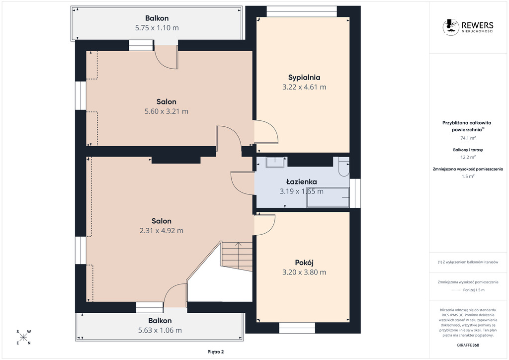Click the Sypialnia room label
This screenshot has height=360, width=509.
(304, 77)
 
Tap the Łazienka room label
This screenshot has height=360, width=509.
(302, 181)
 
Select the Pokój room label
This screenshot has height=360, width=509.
(304, 263)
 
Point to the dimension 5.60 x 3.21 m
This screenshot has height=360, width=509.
(166, 111)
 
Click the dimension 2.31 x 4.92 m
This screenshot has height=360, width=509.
(162, 231)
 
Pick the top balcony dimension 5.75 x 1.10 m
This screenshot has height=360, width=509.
(157, 28)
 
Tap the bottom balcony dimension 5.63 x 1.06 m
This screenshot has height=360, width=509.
(160, 331)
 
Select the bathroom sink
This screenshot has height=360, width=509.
(275, 162)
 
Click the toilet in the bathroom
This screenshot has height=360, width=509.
(344, 166)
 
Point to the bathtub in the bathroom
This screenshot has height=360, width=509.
(328, 197)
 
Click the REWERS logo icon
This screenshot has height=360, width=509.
(450, 27)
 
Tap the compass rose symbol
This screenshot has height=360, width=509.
(23, 337)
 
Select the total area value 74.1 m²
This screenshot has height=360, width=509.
(468, 138)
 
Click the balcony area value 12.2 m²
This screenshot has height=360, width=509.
(468, 157)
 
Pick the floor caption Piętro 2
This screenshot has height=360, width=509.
(216, 352)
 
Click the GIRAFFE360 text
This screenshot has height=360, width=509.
(468, 345)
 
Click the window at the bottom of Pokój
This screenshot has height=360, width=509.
(297, 328)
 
